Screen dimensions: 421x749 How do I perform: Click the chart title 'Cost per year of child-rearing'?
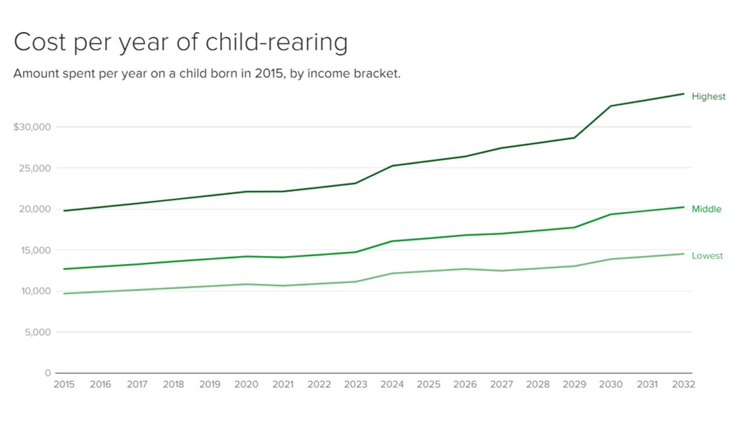[181, 43]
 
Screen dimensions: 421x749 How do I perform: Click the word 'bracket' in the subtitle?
[378, 74]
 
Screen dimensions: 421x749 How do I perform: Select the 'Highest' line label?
[708, 97]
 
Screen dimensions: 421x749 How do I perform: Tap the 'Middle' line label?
[706, 209]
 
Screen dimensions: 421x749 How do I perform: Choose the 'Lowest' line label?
[707, 255]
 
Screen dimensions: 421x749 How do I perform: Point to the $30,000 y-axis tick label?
[32, 127]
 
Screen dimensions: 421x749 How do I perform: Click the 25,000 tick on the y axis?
[34, 168]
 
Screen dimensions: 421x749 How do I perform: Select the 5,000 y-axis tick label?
[36, 332]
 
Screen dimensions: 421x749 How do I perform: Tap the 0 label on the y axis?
[47, 373]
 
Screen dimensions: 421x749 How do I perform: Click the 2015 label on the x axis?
[64, 384]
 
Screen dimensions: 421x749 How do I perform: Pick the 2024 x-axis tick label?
[392, 384]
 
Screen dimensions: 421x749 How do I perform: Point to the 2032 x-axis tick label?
[683, 384]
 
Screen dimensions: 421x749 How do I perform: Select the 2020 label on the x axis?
[246, 384]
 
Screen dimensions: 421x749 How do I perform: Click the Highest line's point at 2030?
[611, 106]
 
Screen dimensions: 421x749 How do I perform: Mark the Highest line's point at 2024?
[392, 166]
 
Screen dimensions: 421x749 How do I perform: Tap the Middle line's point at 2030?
[611, 214]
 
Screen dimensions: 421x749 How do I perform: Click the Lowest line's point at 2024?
[392, 273]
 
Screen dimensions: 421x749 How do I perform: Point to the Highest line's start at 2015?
[64, 211]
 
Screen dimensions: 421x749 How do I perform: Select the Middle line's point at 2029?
[574, 227]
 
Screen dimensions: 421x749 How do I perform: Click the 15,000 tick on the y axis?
[34, 250]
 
